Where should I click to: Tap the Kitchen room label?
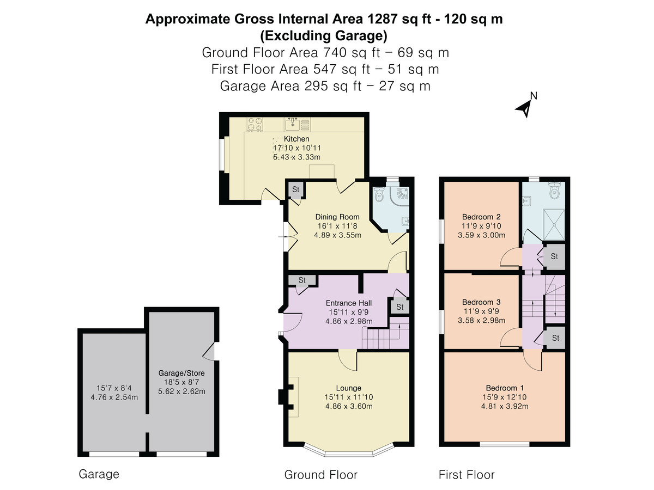(x=296, y=139)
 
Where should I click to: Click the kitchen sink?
(x=293, y=124)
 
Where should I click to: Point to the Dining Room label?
(x=337, y=217)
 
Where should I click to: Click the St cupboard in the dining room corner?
(x=295, y=189)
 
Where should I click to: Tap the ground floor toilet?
(x=379, y=194)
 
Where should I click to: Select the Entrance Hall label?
(x=349, y=303)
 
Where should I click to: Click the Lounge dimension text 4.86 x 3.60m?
(x=349, y=406)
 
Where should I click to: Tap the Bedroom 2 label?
(x=481, y=217)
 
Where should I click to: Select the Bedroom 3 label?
(x=481, y=302)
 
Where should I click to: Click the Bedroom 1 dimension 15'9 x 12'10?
(x=505, y=397)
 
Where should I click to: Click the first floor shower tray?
(x=554, y=225)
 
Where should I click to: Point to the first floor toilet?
(x=554, y=191)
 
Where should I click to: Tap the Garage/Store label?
(x=181, y=373)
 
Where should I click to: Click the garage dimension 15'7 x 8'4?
(x=114, y=388)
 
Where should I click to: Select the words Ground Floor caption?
(x=321, y=475)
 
